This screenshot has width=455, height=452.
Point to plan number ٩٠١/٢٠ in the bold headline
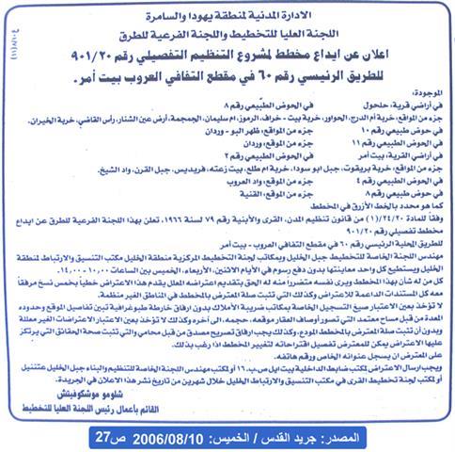pyautogui.click(x=97, y=45)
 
